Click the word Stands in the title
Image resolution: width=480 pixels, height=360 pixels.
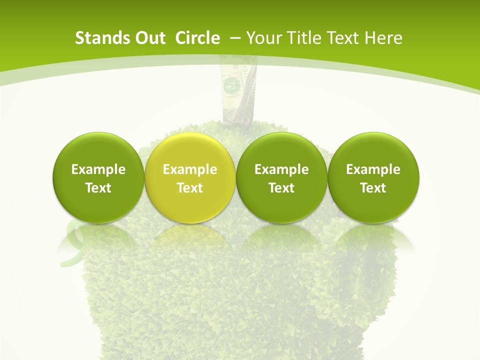[x=98, y=38]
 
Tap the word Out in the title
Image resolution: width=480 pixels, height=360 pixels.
[x=148, y=38]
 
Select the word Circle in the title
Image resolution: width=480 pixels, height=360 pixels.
[x=197, y=38]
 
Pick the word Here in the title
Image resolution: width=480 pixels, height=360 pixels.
[x=384, y=38]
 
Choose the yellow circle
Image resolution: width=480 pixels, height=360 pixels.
[x=190, y=177]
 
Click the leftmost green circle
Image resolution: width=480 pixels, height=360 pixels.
[x=98, y=177]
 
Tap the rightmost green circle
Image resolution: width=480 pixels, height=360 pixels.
[x=373, y=177]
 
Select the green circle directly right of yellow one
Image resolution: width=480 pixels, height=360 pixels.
[x=281, y=177]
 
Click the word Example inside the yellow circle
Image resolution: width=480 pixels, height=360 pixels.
[x=190, y=169]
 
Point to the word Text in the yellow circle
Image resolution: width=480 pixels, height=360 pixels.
[x=190, y=188]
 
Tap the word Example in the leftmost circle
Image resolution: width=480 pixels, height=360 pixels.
[x=98, y=169]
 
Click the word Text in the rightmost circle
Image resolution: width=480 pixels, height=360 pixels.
[x=373, y=188]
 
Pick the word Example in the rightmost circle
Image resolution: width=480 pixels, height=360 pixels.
[x=373, y=169]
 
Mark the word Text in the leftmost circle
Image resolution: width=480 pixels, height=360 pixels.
[x=98, y=188]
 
